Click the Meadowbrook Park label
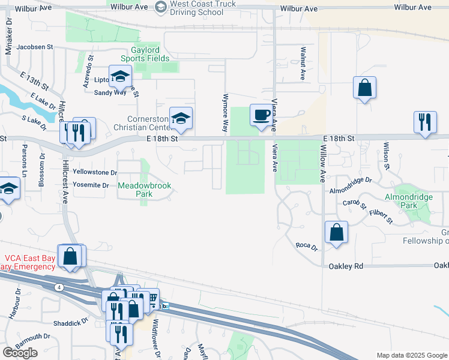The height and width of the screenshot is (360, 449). pos(144,190)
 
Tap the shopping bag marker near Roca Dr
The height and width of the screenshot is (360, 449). pos(336,232)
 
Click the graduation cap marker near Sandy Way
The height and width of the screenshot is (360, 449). pos(120,76)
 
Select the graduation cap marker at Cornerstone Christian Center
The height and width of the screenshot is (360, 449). pos(180,118)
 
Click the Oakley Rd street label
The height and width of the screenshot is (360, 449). pos(346,266)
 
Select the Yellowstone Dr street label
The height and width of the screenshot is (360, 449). pos(94,172)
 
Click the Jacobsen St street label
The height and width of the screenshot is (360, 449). pos(35,46)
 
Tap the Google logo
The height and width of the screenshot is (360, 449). pos(20,353)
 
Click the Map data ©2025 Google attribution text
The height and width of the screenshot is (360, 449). pos(411,355)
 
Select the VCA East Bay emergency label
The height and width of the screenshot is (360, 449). pos(28,262)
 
